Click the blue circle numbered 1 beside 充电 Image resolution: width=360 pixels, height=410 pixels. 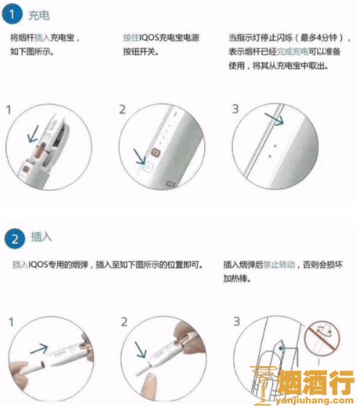[x=12, y=14]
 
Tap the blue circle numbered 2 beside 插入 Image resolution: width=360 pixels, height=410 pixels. [x=14, y=239]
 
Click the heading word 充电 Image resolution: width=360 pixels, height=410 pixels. [x=39, y=15]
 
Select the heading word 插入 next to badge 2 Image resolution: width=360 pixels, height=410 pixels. [x=41, y=237]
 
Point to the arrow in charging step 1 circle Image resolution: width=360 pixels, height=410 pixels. [x=33, y=134]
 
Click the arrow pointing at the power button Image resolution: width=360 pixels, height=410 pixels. [x=140, y=156]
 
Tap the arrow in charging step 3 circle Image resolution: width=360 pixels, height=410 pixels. [x=274, y=119]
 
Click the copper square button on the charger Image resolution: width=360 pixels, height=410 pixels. [x=156, y=153]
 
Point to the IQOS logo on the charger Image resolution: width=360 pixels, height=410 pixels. [x=171, y=184]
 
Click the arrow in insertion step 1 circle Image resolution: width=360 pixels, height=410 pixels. [x=39, y=349]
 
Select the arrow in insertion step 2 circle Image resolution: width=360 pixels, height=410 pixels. [x=140, y=349]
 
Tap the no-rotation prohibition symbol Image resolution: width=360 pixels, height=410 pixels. [x=322, y=337]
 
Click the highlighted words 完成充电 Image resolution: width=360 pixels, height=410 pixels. [x=292, y=52]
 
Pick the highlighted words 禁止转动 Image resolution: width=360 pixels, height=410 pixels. [x=279, y=264]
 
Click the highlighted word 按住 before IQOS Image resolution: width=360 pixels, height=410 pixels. [x=131, y=37]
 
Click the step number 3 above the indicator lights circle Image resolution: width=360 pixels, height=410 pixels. [x=235, y=109]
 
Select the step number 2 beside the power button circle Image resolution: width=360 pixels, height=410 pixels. [x=122, y=110]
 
